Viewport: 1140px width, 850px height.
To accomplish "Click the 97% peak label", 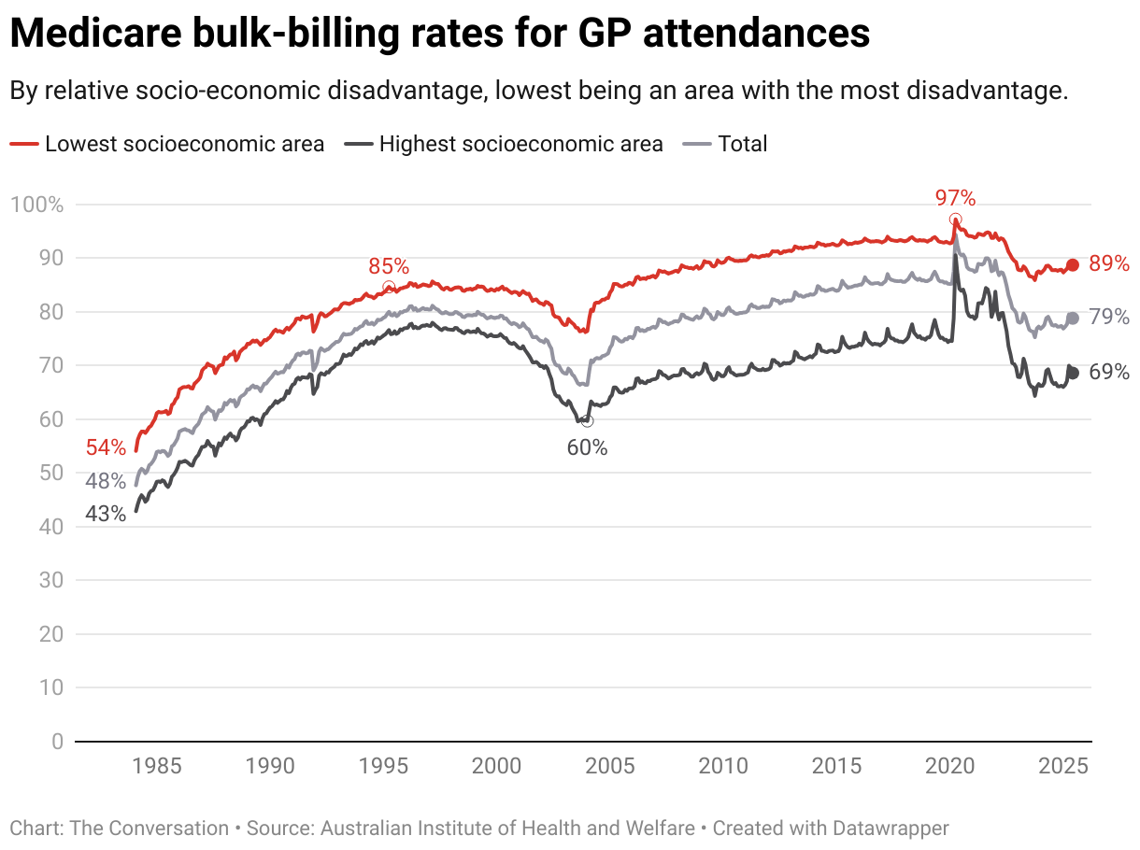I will (x=955, y=198).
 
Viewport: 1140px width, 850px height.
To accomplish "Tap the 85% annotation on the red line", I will (x=389, y=267).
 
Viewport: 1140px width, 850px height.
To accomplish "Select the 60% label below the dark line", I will (x=587, y=447).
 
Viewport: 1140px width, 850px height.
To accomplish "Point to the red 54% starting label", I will (x=106, y=447).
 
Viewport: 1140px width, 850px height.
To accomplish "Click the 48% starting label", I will (x=106, y=482).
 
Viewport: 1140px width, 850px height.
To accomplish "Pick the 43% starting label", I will (x=106, y=514).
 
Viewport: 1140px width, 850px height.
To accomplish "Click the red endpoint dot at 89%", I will (x=1073, y=264).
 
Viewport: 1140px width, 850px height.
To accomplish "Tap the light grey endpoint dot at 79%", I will (x=1073, y=319).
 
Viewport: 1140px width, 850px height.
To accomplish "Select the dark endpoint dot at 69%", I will (x=1073, y=373).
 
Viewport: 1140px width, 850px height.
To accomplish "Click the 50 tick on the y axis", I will (x=52, y=473).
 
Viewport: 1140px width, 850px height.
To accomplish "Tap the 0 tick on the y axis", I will (x=57, y=742).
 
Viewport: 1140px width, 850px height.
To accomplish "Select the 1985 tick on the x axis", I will (x=156, y=767).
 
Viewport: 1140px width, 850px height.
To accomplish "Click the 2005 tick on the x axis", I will (x=609, y=767).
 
